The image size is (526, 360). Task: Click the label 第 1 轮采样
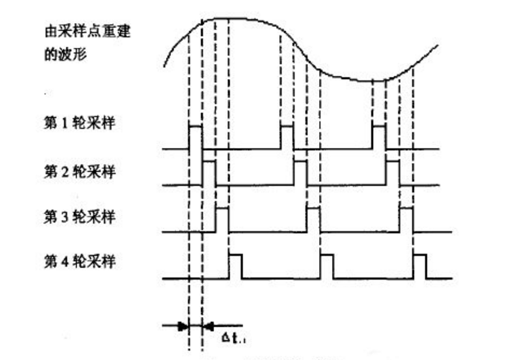tap(79, 123)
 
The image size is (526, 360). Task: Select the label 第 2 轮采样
tap(79, 172)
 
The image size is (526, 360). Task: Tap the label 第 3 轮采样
tap(79, 216)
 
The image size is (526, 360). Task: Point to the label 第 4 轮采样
tap(79, 262)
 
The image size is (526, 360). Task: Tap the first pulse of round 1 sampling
tap(195, 137)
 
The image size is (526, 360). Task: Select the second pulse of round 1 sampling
tap(287, 137)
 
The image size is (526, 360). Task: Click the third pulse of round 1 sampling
tap(379, 137)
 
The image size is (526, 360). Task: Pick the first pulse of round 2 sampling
tap(209, 173)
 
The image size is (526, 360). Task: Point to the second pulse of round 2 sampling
tap(300, 173)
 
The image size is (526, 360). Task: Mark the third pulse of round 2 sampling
tap(392, 173)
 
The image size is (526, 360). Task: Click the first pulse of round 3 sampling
tap(222, 219)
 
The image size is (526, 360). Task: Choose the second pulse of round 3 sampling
tap(313, 219)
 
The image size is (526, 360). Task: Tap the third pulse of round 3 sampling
tap(406, 219)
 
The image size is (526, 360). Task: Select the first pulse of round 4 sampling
tap(235, 265)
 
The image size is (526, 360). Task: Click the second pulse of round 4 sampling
tap(327, 265)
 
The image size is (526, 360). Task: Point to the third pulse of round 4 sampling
tap(419, 265)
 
